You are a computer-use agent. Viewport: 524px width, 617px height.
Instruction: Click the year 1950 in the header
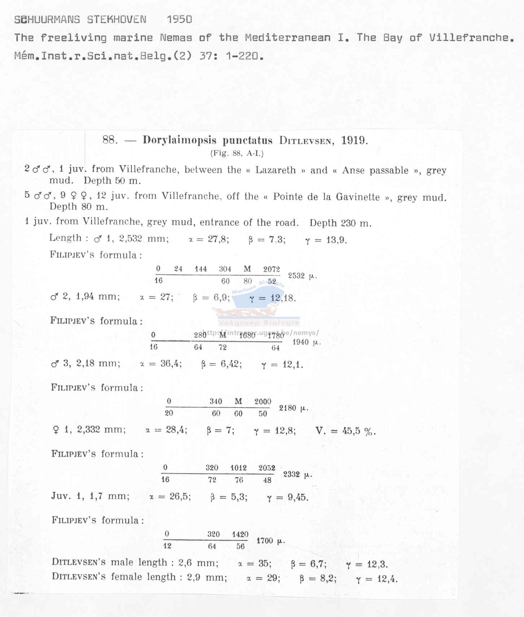pyautogui.click(x=179, y=19)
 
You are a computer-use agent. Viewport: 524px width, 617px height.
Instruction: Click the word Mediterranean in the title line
pyautogui.click(x=288, y=38)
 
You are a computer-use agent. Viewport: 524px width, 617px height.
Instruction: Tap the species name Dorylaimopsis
pyautogui.click(x=179, y=140)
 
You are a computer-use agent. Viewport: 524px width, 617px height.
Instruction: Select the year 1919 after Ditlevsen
pyautogui.click(x=354, y=140)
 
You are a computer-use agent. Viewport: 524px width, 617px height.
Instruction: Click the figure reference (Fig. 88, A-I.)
pyautogui.click(x=237, y=153)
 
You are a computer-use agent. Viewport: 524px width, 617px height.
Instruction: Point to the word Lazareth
pyautogui.click(x=275, y=170)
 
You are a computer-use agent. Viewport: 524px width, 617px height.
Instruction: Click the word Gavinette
pyautogui.click(x=358, y=197)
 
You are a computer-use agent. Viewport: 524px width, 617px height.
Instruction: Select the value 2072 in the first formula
pyautogui.click(x=271, y=269)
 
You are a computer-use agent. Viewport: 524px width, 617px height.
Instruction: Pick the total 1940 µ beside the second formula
pyautogui.click(x=306, y=342)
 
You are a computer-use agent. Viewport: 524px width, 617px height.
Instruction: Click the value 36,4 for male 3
pyautogui.click(x=170, y=364)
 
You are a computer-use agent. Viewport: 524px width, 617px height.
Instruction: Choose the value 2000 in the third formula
pyautogui.click(x=263, y=401)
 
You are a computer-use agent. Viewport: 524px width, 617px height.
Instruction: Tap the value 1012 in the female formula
pyautogui.click(x=239, y=468)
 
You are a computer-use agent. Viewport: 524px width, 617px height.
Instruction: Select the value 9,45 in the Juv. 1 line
pyautogui.click(x=298, y=497)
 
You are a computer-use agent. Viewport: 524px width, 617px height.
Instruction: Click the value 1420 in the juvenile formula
pyautogui.click(x=240, y=534)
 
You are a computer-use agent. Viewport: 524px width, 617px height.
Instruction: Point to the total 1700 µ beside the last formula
pyautogui.click(x=270, y=541)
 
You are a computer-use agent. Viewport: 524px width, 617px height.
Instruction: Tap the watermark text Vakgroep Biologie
pyautogui.click(x=259, y=323)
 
